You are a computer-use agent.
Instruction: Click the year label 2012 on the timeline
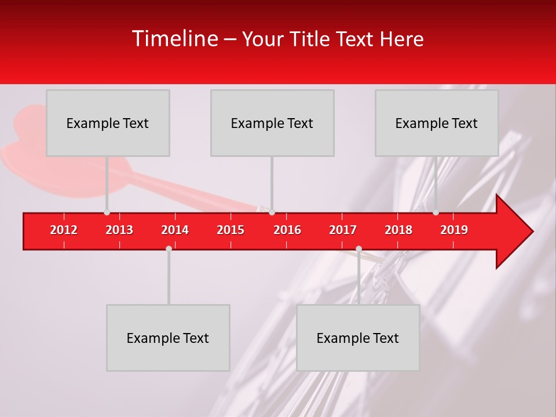[64, 230]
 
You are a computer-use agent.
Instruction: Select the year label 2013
[119, 230]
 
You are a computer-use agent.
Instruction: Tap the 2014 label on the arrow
[175, 230]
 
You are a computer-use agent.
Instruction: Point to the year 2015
[231, 230]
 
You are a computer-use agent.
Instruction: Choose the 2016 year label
[287, 230]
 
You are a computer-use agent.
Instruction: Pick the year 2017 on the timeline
[343, 230]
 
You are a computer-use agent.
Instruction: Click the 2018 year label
[398, 230]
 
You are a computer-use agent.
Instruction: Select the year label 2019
[454, 230]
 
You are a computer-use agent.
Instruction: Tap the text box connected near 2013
[108, 123]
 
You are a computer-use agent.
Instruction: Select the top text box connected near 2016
[272, 123]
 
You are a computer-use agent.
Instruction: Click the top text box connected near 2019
[437, 123]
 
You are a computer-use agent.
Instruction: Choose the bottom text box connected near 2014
[168, 338]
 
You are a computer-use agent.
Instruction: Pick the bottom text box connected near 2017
[358, 338]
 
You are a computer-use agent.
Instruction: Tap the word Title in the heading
[310, 39]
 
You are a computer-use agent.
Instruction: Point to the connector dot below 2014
[169, 248]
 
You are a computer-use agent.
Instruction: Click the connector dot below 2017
[359, 248]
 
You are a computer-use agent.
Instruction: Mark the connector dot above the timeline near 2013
[107, 213]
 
